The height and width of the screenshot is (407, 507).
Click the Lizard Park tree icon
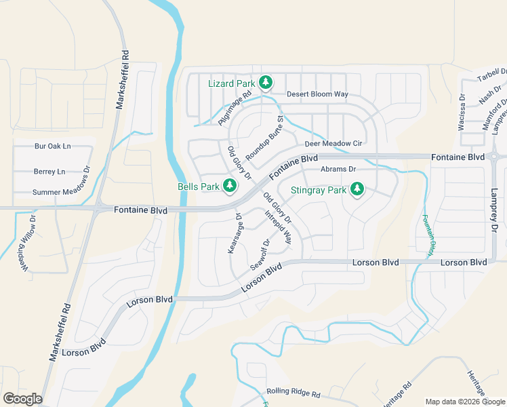click(x=266, y=83)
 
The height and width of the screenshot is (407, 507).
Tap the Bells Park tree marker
click(x=230, y=185)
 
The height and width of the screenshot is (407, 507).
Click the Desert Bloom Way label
click(x=317, y=94)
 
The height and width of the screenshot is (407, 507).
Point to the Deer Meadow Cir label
click(x=334, y=144)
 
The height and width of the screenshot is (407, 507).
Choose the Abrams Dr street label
click(x=338, y=169)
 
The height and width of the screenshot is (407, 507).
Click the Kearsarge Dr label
click(x=235, y=234)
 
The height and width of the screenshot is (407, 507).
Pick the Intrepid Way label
click(x=278, y=227)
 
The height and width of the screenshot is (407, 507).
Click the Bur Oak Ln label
click(x=53, y=146)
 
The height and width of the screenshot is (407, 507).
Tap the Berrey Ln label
click(x=49, y=172)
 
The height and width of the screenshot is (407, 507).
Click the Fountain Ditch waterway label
click(x=428, y=235)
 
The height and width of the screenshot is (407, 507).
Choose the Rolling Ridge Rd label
click(x=293, y=391)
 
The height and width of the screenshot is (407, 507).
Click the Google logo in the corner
click(x=22, y=399)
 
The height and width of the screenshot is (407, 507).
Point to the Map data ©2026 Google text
click(x=465, y=402)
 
